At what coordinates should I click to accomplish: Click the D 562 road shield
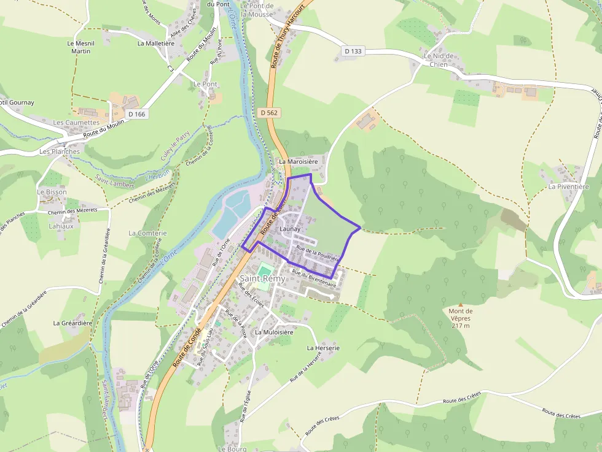coord(268,112)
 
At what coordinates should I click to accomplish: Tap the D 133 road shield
coord(353,51)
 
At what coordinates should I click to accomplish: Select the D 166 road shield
coord(136,114)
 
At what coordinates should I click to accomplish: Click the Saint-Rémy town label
coord(263,279)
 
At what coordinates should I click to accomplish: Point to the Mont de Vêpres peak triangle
coord(460,304)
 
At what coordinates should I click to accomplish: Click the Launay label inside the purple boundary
coord(289,229)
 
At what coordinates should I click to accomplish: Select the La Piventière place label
coord(569,186)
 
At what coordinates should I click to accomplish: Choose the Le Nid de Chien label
coord(439,59)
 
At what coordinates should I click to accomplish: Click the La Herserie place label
coord(323,348)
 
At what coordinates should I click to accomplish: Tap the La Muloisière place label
coord(275,332)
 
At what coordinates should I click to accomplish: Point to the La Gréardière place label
coord(72,323)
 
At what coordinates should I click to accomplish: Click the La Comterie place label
coord(147,233)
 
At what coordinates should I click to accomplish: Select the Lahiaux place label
coord(61,226)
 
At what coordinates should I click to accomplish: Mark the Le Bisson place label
coord(52,192)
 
